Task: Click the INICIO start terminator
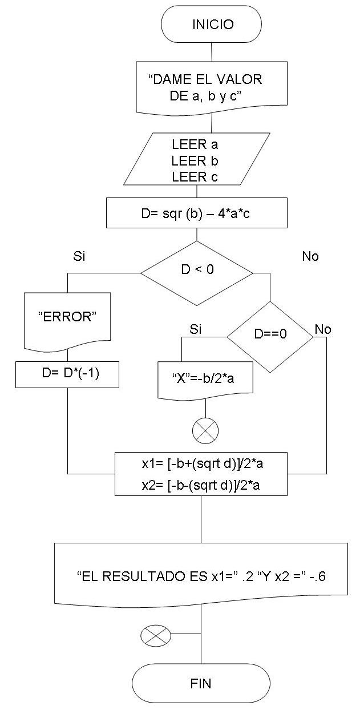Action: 212,24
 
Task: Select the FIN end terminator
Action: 201,683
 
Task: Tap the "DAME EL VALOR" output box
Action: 211,87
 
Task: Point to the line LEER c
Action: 195,177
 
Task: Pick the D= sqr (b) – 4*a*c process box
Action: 197,213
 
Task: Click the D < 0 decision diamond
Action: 197,269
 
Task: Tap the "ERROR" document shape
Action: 67,318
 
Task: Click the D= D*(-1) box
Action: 67,374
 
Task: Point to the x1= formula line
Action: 201,464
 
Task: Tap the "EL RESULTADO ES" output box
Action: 201,576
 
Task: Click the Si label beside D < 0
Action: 79,256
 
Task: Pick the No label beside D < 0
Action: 310,256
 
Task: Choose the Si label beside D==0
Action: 196,329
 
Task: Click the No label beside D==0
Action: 323,329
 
